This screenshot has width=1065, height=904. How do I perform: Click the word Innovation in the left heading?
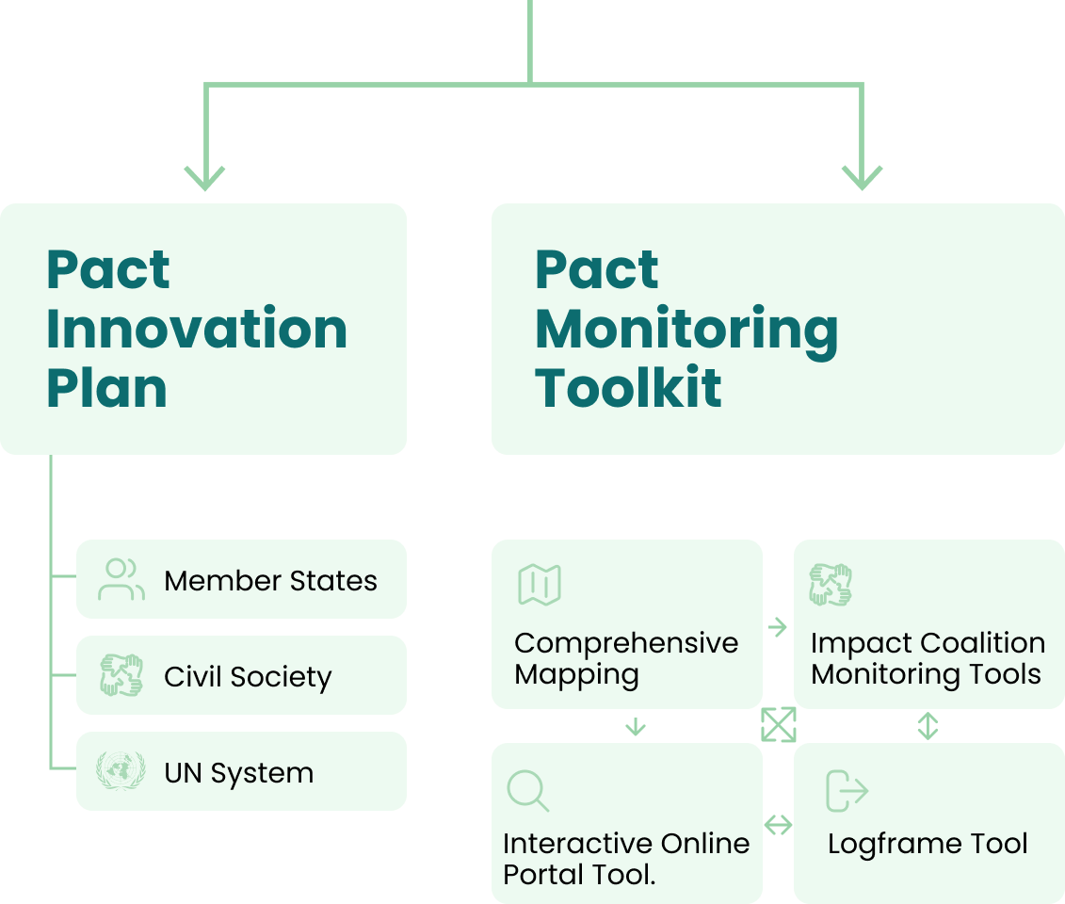click(197, 329)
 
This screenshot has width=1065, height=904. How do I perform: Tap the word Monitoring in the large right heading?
click(686, 331)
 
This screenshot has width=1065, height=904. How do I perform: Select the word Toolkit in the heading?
click(628, 387)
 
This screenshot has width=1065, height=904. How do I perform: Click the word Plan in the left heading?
click(106, 387)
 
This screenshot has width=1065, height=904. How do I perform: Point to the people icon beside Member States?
click(121, 579)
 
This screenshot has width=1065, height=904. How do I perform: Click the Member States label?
click(270, 581)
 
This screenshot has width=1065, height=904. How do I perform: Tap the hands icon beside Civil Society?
click(121, 675)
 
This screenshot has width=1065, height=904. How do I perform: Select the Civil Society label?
click(248, 678)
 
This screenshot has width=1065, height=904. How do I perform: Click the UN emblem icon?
click(121, 771)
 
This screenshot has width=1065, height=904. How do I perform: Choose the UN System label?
click(238, 774)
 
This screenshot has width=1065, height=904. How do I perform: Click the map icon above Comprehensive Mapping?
click(540, 585)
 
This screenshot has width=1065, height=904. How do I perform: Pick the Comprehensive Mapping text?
click(626, 658)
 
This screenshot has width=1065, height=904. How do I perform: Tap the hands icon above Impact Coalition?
click(831, 585)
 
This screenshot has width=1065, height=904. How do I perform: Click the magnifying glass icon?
click(528, 791)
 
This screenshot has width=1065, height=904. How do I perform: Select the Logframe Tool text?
click(928, 844)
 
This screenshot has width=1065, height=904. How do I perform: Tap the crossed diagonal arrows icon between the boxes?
click(779, 725)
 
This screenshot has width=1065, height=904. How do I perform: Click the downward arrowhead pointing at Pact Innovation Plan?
click(204, 176)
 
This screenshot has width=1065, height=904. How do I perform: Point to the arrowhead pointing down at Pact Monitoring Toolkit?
click(862, 176)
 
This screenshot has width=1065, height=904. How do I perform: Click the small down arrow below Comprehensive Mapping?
click(636, 726)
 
